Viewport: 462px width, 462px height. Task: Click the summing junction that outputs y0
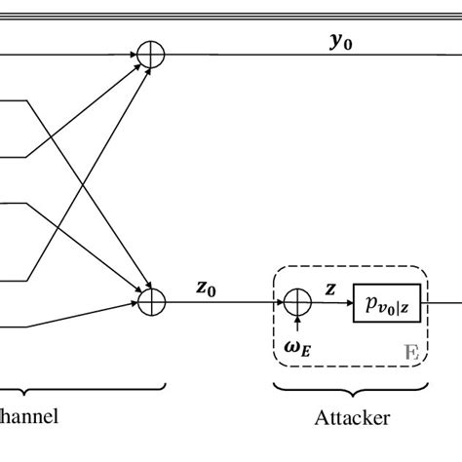[x=149, y=55]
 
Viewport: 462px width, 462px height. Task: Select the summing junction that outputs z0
[x=149, y=301]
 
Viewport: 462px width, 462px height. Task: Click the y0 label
[x=340, y=42]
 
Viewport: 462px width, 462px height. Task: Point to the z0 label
[x=206, y=288]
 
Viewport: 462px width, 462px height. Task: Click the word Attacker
[x=352, y=418]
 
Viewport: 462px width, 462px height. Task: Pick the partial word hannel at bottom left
[x=29, y=416]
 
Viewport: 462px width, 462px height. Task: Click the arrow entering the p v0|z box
[x=341, y=301]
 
